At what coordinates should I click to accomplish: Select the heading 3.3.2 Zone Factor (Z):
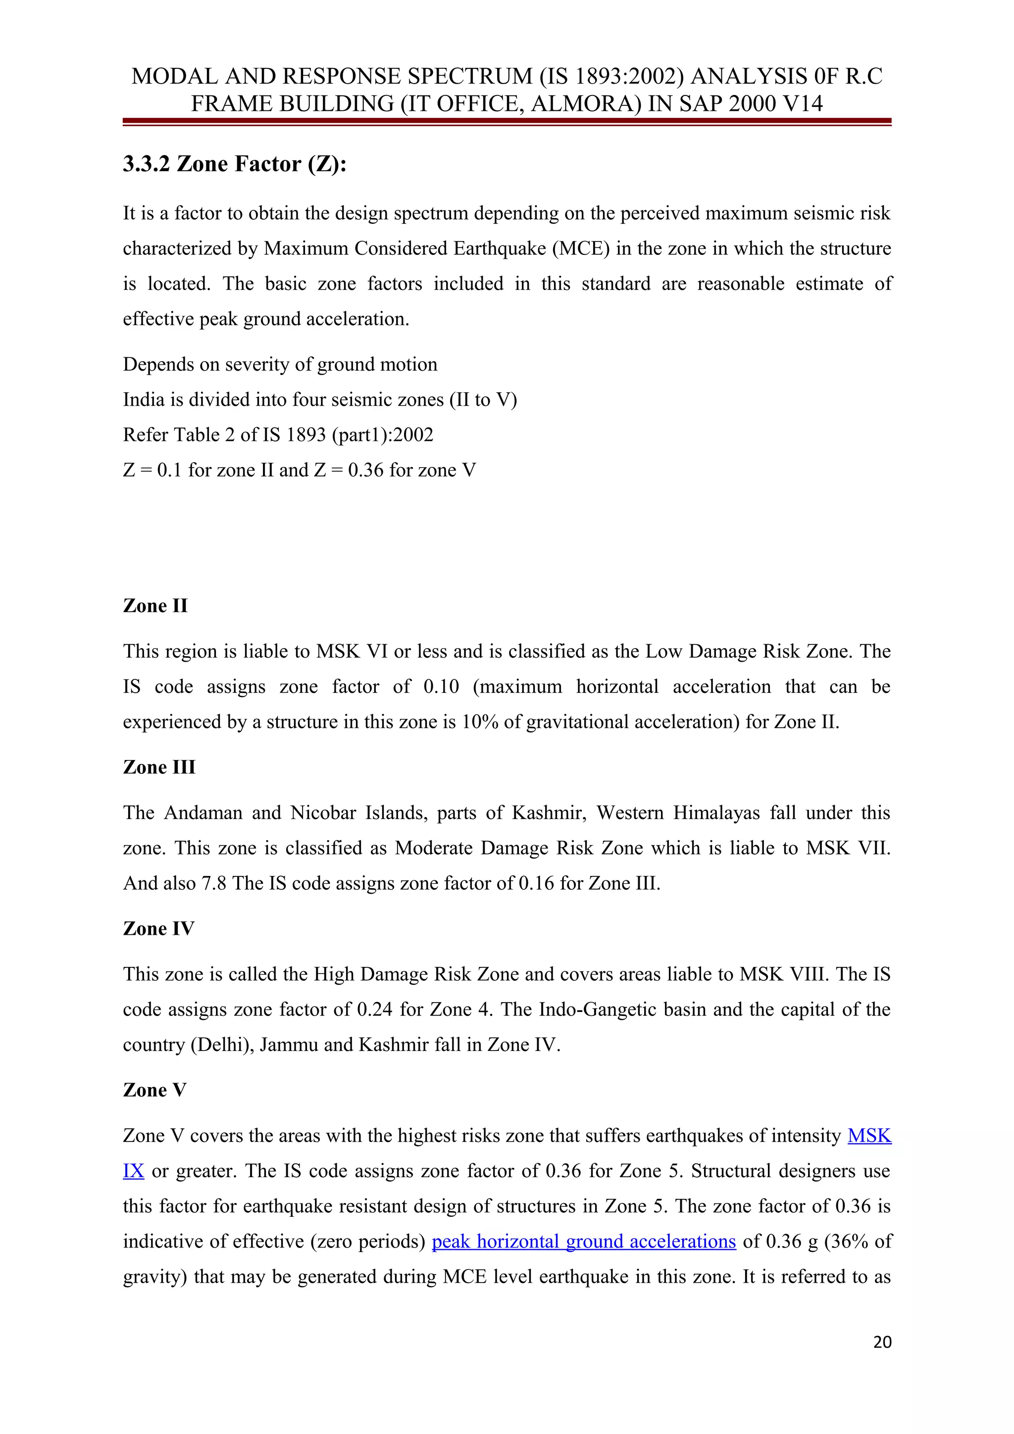[234, 164]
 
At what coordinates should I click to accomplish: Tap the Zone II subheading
[155, 606]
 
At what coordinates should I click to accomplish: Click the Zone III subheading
[159, 767]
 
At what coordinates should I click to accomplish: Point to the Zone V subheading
[154, 1090]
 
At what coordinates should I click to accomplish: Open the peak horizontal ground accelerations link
[584, 1241]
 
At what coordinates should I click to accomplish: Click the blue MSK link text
[869, 1136]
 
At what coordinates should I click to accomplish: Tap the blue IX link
[133, 1171]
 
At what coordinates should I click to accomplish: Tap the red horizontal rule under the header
[507, 122]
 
